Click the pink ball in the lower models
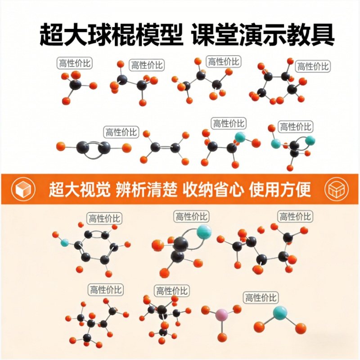pos(220,314)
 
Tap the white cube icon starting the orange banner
pos(22,189)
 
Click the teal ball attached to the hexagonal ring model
pos(65,243)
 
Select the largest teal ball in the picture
pos(203,232)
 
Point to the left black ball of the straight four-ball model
pos(83,147)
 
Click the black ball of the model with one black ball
pos(75,84)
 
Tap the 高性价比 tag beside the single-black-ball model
pos(75,63)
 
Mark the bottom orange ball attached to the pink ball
pos(222,337)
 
